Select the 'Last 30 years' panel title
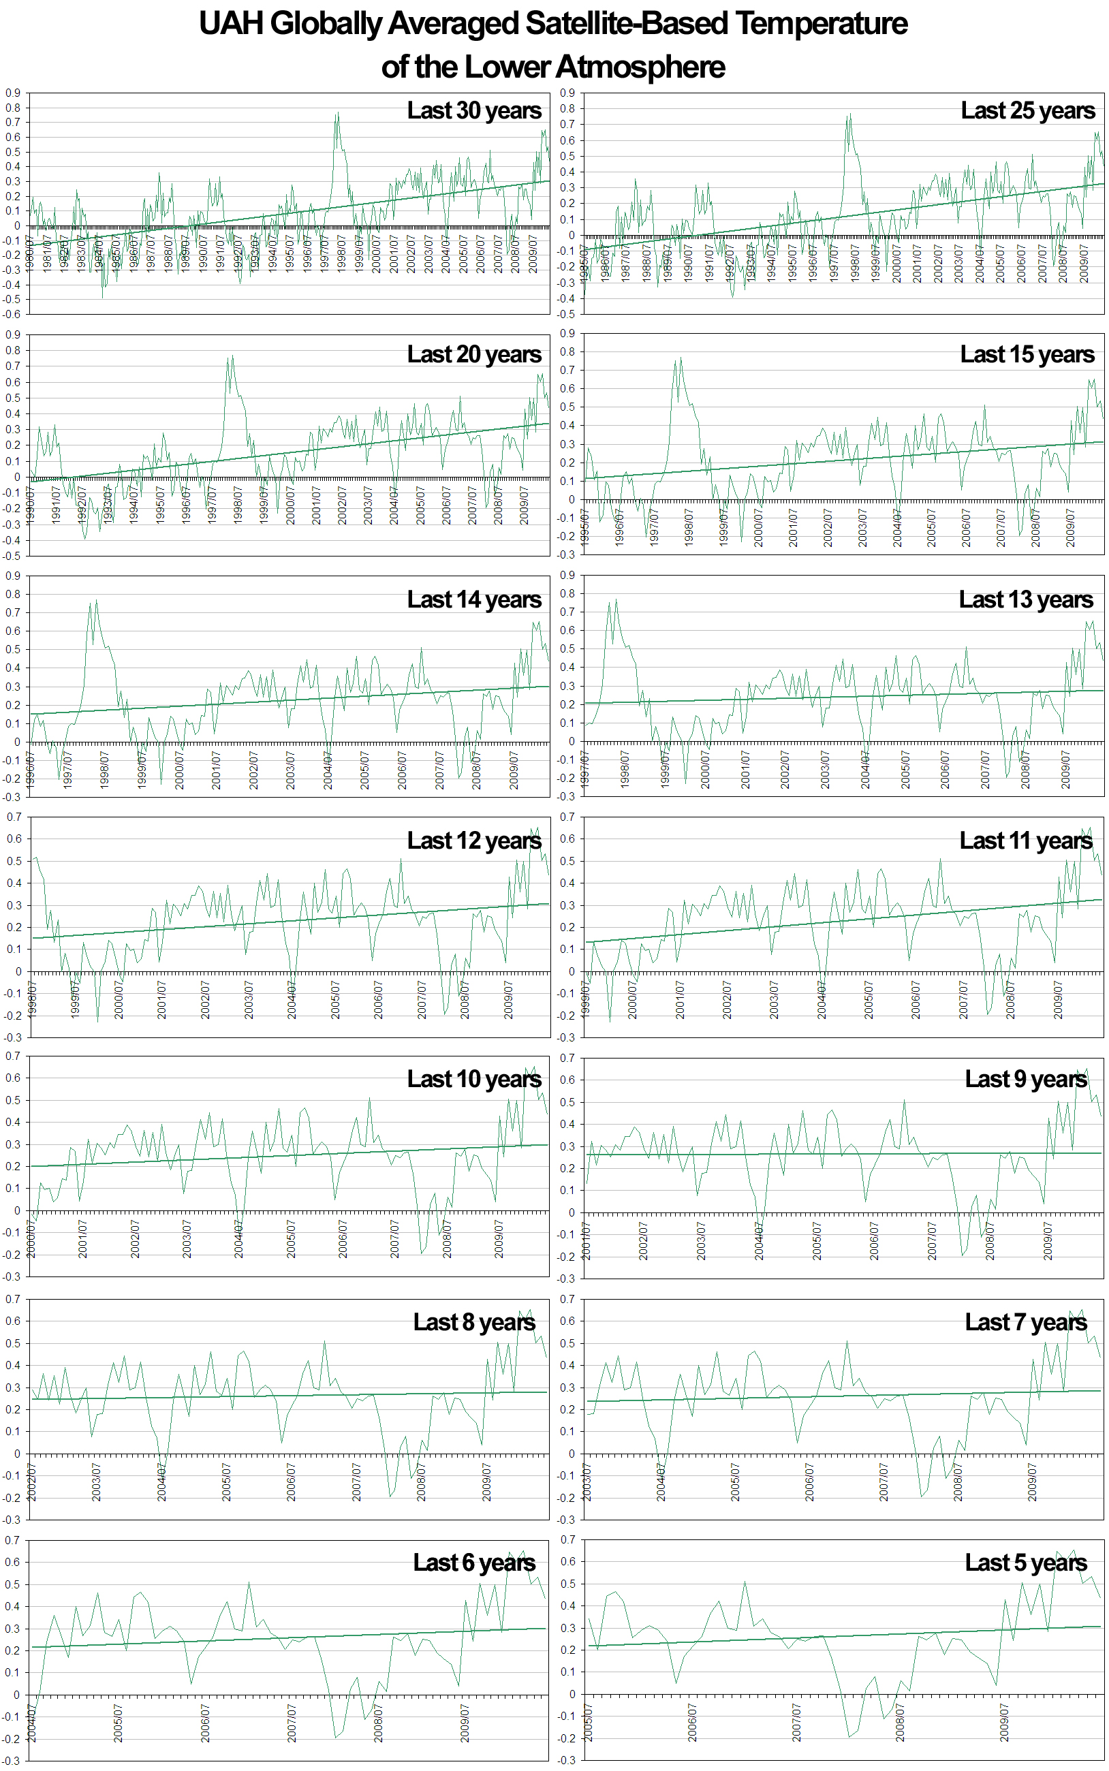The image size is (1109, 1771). (474, 111)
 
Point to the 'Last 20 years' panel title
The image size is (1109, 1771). (474, 354)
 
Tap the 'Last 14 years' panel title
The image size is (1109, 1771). (474, 599)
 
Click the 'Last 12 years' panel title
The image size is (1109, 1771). (474, 841)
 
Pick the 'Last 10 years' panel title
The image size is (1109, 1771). (474, 1079)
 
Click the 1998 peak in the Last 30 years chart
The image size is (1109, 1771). (337, 114)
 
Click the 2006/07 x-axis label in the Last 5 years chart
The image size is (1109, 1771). (691, 1723)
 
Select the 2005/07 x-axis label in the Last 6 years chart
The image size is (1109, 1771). (118, 1723)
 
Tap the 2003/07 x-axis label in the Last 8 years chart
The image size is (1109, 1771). (96, 1482)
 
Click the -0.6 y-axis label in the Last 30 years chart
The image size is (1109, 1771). (12, 315)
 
